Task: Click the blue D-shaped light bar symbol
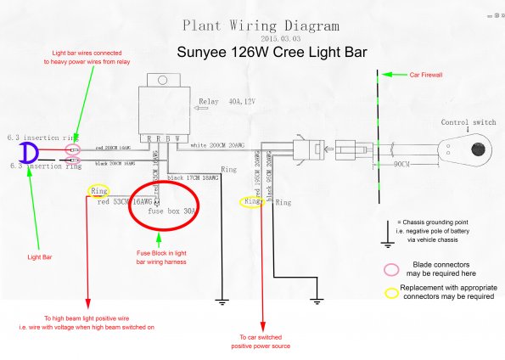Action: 29,153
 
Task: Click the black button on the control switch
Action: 477,149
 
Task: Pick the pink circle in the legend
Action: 391,269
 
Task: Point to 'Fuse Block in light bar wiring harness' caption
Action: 163,258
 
